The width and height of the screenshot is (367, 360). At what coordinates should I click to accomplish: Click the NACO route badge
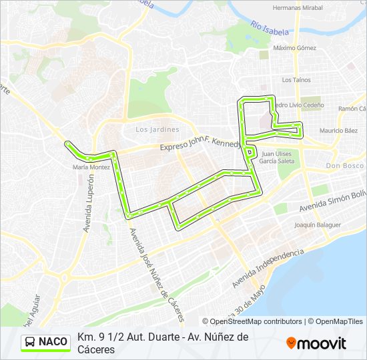click(45, 342)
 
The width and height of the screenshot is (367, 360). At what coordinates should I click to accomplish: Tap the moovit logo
click(316, 343)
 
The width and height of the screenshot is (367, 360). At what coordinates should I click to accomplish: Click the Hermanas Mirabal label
click(298, 8)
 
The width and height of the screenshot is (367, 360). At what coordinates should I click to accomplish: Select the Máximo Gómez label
click(294, 48)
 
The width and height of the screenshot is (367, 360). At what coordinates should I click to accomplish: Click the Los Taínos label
click(296, 80)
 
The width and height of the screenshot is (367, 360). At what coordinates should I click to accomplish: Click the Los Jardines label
click(157, 129)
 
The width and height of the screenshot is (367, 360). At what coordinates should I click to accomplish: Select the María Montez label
click(91, 167)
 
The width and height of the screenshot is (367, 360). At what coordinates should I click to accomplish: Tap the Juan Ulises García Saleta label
click(276, 157)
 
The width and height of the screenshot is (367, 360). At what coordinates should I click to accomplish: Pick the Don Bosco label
click(345, 165)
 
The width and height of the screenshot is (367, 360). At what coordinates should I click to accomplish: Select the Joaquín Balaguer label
click(314, 225)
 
